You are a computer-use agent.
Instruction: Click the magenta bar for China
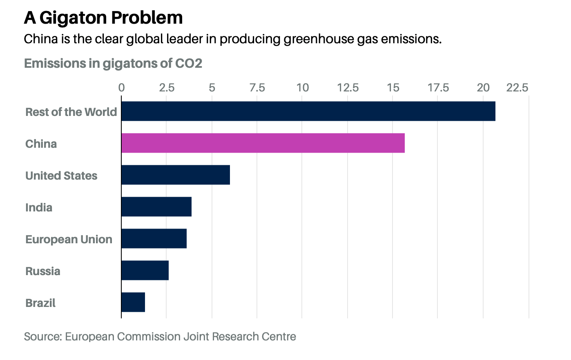[x=263, y=143]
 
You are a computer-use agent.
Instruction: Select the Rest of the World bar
[x=308, y=111]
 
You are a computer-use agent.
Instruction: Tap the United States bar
[x=175, y=175]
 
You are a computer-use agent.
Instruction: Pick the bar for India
[x=156, y=207]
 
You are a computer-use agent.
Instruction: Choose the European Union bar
[x=154, y=238]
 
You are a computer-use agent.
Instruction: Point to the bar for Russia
[x=145, y=270]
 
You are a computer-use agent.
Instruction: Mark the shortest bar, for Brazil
[x=133, y=302]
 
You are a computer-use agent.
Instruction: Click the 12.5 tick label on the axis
[x=348, y=88]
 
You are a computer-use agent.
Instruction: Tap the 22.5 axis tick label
[x=517, y=88]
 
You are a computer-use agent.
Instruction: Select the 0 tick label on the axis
[x=121, y=88]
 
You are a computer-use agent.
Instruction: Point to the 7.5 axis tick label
[x=257, y=88]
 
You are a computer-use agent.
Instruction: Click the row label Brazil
[x=40, y=303]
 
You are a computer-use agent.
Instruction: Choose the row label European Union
[x=69, y=239]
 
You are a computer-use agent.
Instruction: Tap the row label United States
[x=61, y=176]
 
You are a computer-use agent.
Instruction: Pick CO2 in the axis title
[x=188, y=63]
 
